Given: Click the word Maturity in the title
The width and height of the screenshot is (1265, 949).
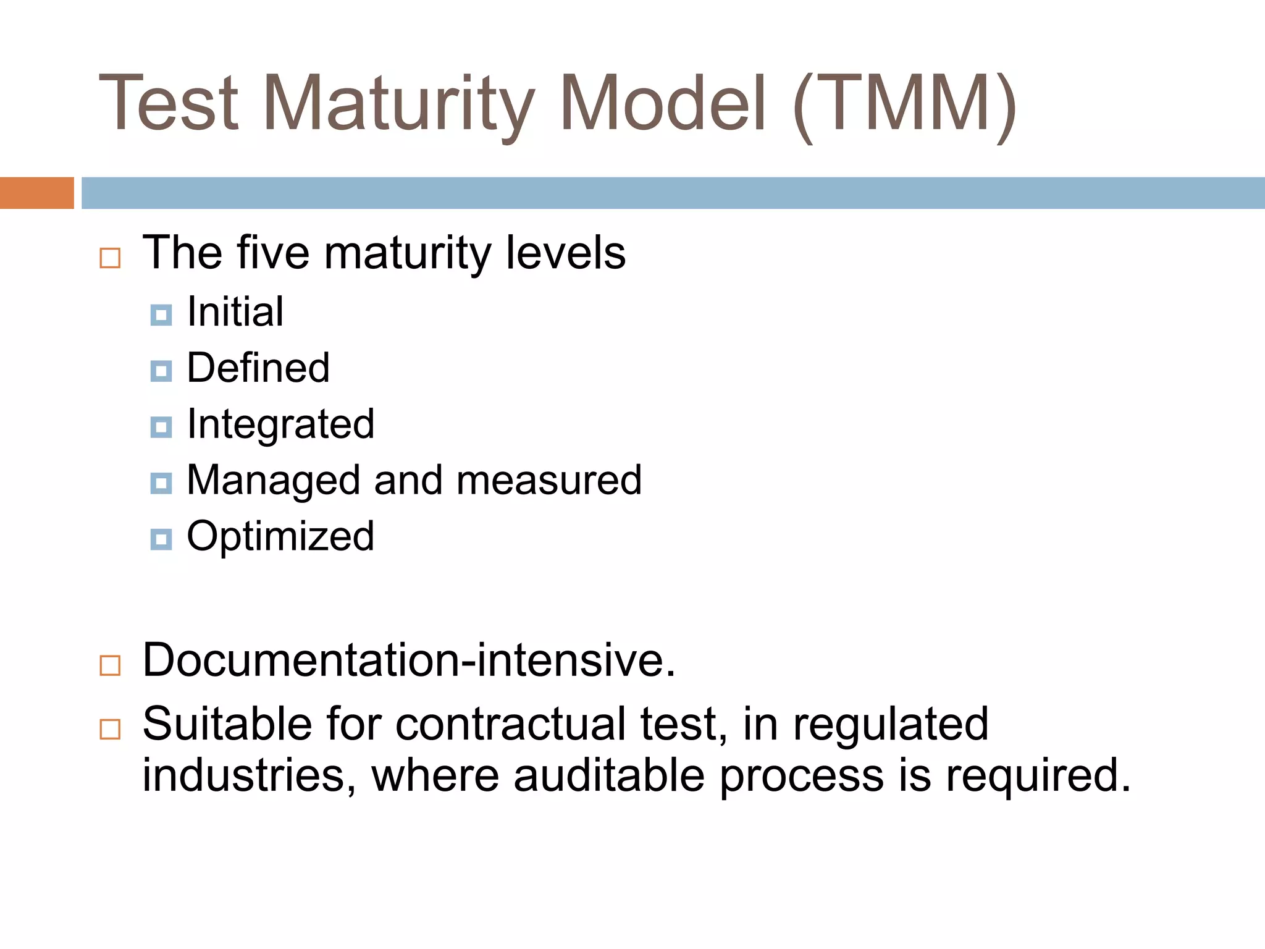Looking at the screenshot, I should (398, 104).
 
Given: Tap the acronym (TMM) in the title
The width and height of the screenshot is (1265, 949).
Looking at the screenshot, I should (905, 104).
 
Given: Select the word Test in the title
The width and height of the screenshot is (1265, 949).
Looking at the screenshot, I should (169, 104).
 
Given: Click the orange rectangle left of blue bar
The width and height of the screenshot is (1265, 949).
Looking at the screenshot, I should (36, 193).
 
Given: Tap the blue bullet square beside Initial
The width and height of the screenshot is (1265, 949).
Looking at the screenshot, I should (161, 315).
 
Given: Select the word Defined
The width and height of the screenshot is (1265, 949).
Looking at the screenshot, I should (258, 368).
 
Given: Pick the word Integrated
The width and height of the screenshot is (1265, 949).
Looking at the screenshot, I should (280, 425).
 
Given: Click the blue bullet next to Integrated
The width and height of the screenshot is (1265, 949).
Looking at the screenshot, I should (161, 427).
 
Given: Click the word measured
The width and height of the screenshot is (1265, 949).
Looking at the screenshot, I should (549, 481).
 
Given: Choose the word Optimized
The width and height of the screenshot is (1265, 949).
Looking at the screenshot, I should (280, 536).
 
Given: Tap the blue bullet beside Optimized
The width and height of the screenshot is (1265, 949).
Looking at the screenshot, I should (161, 539).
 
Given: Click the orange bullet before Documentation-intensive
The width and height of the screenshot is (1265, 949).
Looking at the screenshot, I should (110, 665).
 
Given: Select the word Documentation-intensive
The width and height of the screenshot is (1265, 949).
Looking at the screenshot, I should (409, 660).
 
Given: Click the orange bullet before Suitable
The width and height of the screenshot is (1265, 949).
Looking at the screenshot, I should (110, 729).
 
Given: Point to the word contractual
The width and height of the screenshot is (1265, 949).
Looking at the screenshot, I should (510, 724).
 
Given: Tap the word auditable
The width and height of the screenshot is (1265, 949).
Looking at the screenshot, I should (608, 775).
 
